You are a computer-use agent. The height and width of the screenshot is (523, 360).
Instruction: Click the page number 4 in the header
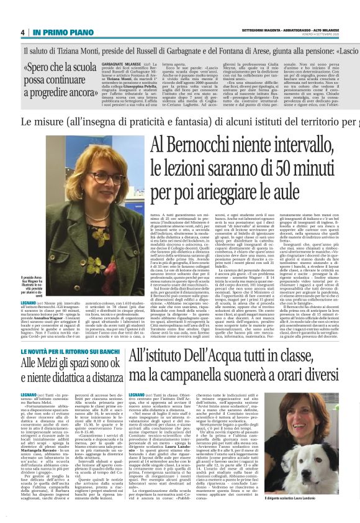tap(23, 32)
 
